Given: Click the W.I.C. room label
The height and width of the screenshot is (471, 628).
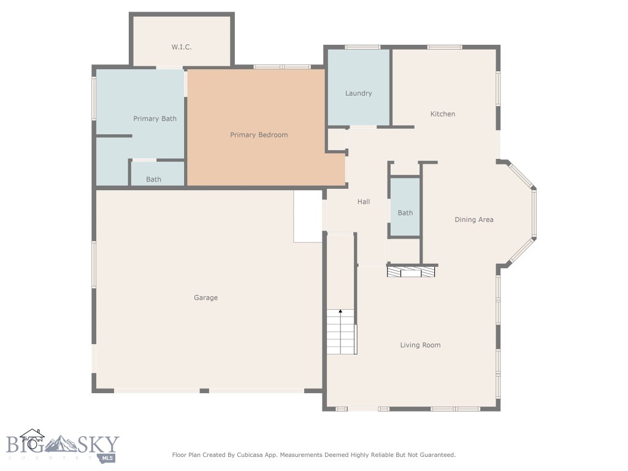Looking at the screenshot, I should coord(182,47).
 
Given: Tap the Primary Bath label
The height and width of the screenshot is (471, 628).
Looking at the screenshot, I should coord(155,118).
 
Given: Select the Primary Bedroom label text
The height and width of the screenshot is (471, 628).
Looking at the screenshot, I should coord(259,135).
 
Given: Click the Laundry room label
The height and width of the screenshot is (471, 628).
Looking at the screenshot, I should coord(358,93).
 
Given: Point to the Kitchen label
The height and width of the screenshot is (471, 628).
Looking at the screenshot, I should coord(442,114).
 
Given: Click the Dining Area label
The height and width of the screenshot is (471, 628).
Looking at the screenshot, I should coord(473,220).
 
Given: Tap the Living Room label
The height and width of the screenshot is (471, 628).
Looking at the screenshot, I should coord(420,345).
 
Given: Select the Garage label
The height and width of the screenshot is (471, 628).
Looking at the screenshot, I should coord(206,298).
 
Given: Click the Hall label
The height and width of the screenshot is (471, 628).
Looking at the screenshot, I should coord(364,202).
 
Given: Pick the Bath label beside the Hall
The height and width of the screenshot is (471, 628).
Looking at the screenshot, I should coord(405,213).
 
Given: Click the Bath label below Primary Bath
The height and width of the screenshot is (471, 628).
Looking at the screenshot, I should coord(153,180).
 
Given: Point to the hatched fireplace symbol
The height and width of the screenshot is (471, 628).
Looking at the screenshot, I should coord(412,271).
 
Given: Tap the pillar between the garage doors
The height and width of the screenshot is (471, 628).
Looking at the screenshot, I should coord(204,391).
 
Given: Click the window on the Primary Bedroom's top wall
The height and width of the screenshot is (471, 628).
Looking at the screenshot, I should coord(281,66).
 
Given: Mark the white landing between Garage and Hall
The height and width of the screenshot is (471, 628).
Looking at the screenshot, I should coord(308,216).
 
